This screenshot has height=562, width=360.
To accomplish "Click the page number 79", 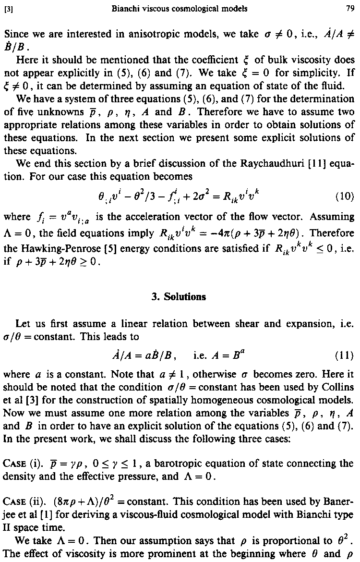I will pyautogui.click(x=349, y=8).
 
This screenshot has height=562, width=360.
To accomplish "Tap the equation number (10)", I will pyautogui.click(x=344, y=196).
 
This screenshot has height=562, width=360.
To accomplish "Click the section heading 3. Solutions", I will pyautogui.click(x=179, y=296).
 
